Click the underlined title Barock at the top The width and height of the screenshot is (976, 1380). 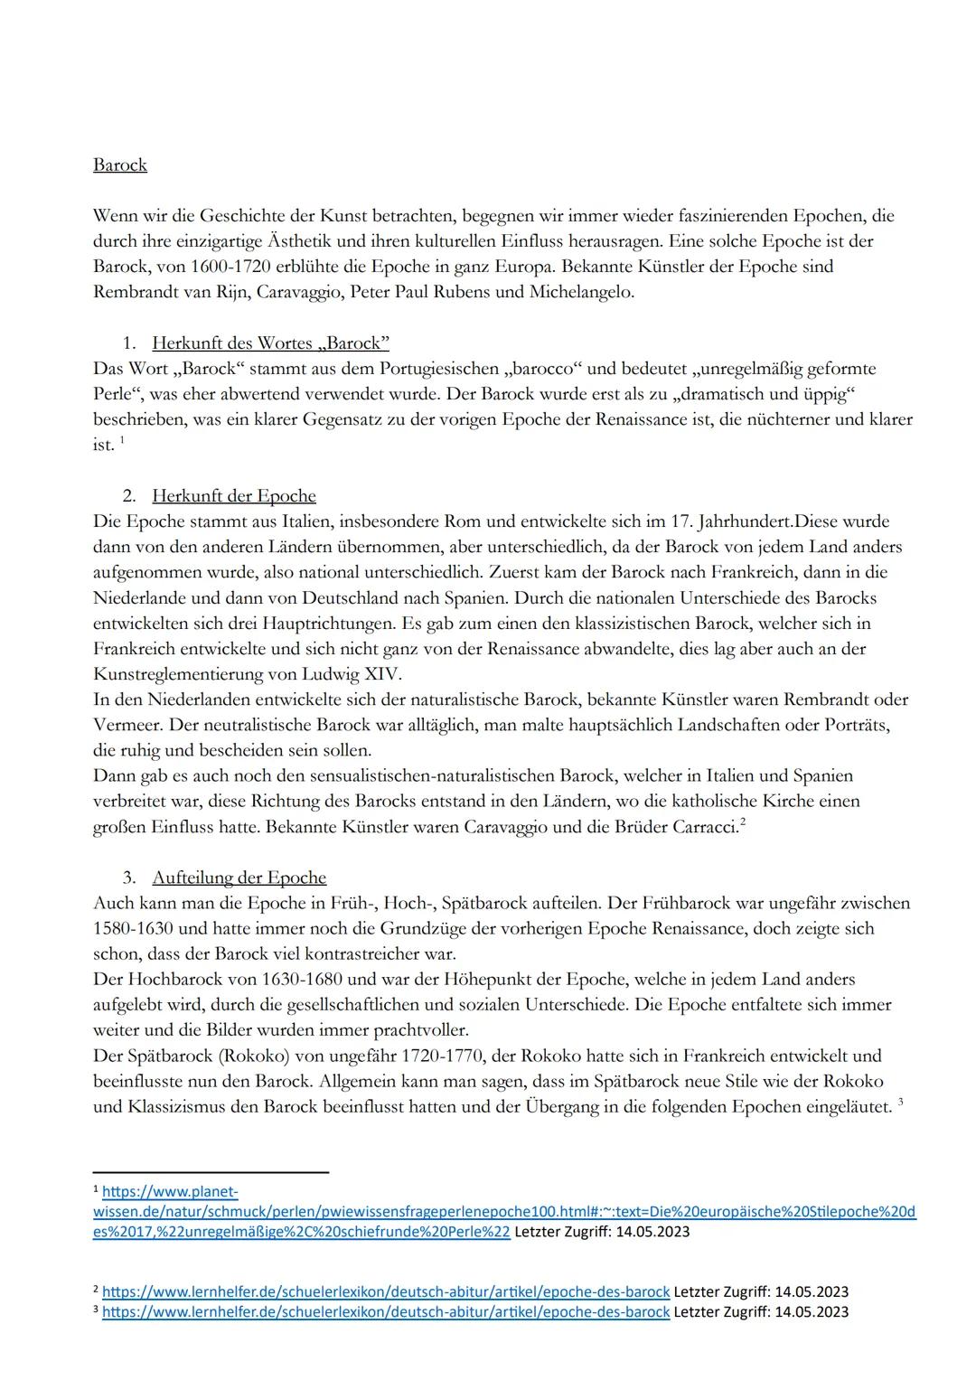(x=119, y=165)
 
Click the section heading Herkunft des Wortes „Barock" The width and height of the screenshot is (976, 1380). (x=270, y=343)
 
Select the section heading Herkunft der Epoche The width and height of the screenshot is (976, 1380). (x=233, y=496)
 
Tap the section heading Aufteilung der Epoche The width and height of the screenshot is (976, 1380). (x=239, y=878)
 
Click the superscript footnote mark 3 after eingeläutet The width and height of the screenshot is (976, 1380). (x=900, y=1103)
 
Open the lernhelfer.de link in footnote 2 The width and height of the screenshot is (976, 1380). (x=386, y=1292)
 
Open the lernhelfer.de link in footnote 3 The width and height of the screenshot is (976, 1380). (x=386, y=1311)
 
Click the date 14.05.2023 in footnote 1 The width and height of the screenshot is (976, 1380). (x=652, y=1232)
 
